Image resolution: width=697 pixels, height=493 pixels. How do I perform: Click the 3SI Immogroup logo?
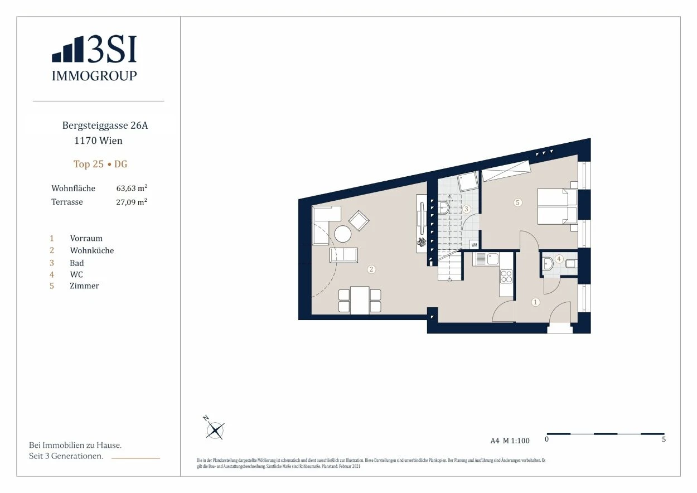coord(94,58)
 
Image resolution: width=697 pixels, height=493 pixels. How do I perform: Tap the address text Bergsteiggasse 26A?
coord(105,125)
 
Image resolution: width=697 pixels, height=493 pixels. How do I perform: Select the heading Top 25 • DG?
coord(100,164)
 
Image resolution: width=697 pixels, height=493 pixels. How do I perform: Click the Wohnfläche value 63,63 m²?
coord(132,188)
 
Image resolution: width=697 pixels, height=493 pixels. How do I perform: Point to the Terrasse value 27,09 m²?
coord(132,202)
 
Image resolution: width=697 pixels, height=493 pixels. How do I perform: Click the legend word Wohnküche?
coord(92,250)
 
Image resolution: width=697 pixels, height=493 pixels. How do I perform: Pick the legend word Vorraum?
coord(86,238)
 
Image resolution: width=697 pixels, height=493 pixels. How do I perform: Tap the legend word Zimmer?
coord(84,286)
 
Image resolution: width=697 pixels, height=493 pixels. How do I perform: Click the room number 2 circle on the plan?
coord(371,269)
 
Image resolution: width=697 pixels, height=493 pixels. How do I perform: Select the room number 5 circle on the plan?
coord(517,202)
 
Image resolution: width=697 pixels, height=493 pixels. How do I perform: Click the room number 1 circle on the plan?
coord(535,302)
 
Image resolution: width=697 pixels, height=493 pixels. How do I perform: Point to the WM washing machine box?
coord(474,245)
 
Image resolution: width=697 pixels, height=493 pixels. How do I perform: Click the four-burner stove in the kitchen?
coord(506,277)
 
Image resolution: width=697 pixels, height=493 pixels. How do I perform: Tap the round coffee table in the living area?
coord(342,234)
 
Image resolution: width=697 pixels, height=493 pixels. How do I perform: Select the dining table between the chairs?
coord(360,300)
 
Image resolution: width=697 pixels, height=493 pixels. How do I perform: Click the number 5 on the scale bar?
coord(664,439)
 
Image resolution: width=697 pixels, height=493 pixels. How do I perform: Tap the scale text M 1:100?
coord(516,441)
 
